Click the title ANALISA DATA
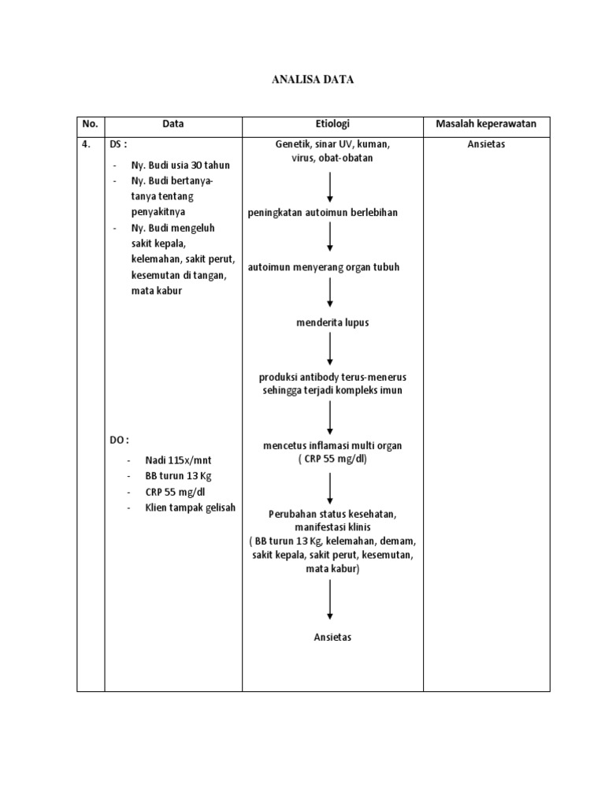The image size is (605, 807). coord(313,80)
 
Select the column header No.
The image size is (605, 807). coord(90,124)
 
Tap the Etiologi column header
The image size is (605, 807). coord(332,124)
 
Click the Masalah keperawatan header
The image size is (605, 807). coord(486,124)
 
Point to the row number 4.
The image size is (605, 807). coord(87,144)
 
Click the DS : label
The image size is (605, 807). coord(118,144)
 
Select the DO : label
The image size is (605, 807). coord(119,440)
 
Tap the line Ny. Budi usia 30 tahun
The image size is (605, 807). coord(180,165)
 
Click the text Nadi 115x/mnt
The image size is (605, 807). coord(178,460)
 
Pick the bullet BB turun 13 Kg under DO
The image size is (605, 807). coord(179,476)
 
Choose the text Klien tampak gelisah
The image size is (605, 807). coord(191,508)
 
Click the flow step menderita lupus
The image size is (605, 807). coord(332,322)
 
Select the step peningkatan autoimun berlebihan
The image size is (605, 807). coord(322,213)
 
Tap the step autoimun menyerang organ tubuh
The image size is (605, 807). coord(324,267)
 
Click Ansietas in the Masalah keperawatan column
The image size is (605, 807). coord(486,144)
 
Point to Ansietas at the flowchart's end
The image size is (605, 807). coord(332,637)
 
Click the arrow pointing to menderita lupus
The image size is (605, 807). coord(330,293)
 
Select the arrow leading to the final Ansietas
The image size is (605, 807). coord(330,600)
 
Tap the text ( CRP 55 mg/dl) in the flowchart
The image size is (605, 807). coord(332,459)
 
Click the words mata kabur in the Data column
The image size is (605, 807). coord(157,291)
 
